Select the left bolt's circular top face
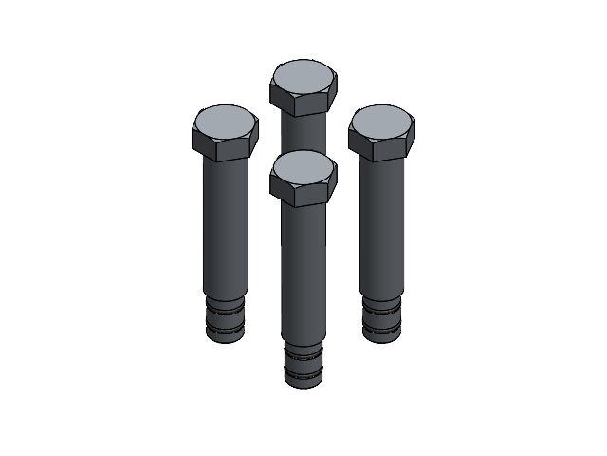[226, 123]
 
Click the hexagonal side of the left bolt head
[226, 148]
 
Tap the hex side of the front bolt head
[303, 194]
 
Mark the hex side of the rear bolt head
[303, 104]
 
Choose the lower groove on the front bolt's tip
[303, 373]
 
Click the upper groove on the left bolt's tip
[226, 308]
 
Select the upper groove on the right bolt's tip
[381, 308]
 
